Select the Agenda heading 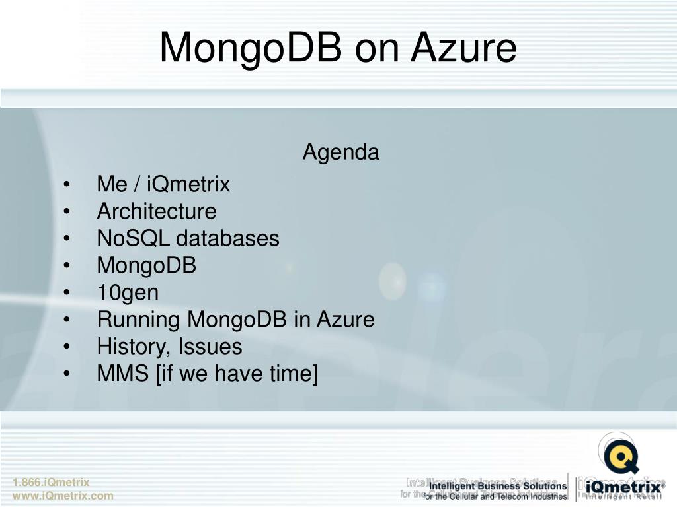pos(340,152)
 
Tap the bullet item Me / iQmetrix pos(163,184)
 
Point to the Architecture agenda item pos(156,211)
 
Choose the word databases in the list pos(227,238)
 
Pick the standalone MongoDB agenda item pos(147,265)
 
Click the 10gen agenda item pos(128,292)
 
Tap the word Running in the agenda pos(139,320)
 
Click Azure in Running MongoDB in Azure pos(345,320)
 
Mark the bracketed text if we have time pos(237,374)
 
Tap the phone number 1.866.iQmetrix pos(50,483)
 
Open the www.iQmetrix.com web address pos(63,496)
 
